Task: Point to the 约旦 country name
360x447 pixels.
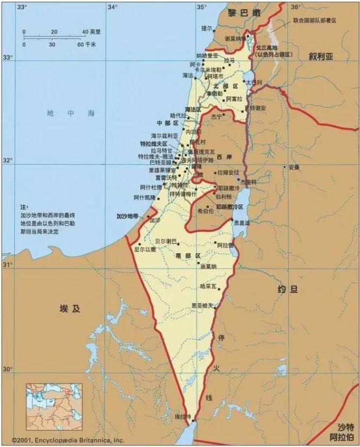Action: coord(287,290)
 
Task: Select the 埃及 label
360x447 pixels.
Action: coord(71,309)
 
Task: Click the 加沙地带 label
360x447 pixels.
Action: coord(127,216)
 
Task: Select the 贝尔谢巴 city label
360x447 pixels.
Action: coord(166,241)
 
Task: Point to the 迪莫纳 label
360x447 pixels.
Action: coord(208,266)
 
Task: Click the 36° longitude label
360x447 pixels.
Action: coord(296,7)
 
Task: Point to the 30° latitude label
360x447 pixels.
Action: coord(8,369)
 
